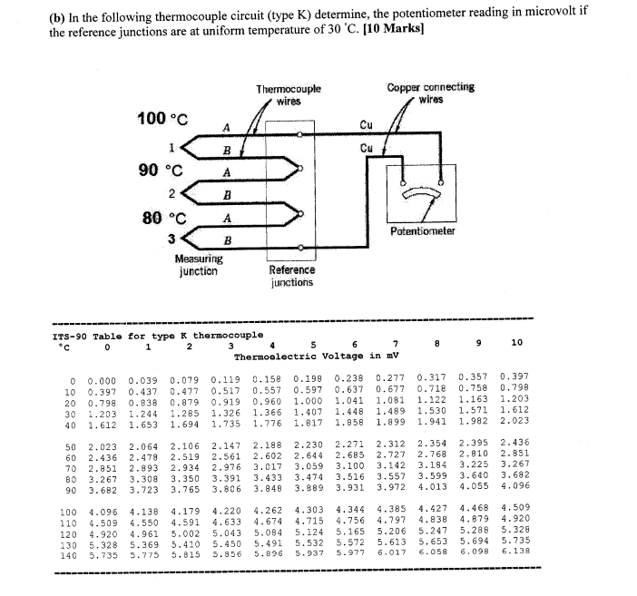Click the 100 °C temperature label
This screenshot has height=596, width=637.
[162, 118]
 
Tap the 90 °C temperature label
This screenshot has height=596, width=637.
[160, 170]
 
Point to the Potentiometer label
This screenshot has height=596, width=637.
[422, 231]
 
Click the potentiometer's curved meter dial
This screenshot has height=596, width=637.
[422, 193]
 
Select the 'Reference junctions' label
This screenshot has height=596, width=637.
[292, 276]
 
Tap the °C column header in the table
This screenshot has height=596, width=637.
[63, 346]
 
